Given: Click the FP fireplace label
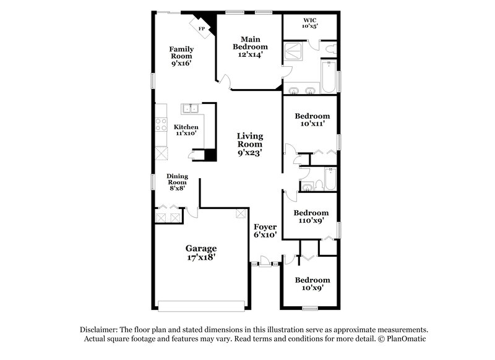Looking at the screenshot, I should [201, 29].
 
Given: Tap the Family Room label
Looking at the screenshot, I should [182, 56].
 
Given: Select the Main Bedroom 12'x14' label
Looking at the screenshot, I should [251, 46].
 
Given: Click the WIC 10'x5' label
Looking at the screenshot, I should [309, 24].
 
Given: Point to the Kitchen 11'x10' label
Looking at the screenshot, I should [186, 131].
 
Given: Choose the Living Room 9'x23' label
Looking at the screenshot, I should [250, 144].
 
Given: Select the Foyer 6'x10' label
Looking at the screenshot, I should [265, 231].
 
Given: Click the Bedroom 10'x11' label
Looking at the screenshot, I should [312, 120].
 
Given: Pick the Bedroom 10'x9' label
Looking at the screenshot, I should [312, 284].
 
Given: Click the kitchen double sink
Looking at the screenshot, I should [190, 109].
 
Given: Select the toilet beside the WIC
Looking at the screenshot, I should [329, 49].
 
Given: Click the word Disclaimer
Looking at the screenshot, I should [100, 330].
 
